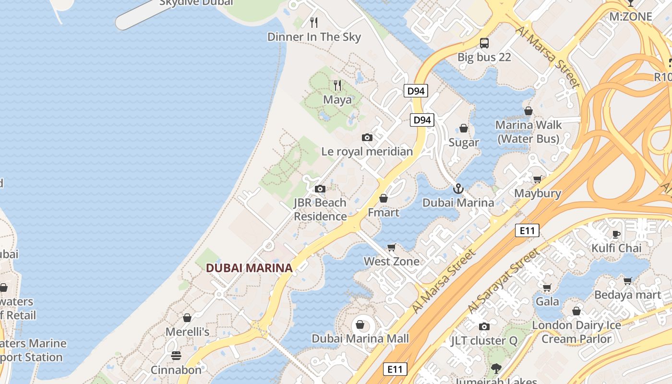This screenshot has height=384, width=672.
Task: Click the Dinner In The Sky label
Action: click(x=314, y=37)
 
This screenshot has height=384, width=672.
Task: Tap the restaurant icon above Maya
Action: click(x=337, y=85)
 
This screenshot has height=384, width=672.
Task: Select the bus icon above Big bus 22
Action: click(x=484, y=43)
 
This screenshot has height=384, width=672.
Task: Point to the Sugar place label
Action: click(x=464, y=143)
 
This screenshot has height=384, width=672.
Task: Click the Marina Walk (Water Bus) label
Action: click(x=528, y=132)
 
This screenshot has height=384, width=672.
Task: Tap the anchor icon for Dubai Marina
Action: click(x=458, y=188)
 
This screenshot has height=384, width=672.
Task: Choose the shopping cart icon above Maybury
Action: click(x=538, y=179)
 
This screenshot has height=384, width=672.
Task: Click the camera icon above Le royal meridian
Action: click(x=367, y=138)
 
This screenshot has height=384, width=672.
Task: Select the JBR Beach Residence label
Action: click(x=320, y=209)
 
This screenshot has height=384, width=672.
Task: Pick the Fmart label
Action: click(x=384, y=212)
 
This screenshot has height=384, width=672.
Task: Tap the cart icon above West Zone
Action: click(x=391, y=248)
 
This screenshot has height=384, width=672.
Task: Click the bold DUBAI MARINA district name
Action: click(x=249, y=268)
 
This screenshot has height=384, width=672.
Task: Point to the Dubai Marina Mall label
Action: click(x=360, y=338)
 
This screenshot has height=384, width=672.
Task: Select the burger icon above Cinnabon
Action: click(x=176, y=356)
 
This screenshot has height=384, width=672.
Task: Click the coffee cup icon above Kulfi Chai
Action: click(x=616, y=234)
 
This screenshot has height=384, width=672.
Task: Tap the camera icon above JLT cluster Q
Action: click(x=484, y=327)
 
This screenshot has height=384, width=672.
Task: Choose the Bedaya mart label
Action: click(x=628, y=295)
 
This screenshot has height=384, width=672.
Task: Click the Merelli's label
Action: click(x=187, y=332)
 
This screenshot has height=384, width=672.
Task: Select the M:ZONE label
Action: click(x=631, y=17)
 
